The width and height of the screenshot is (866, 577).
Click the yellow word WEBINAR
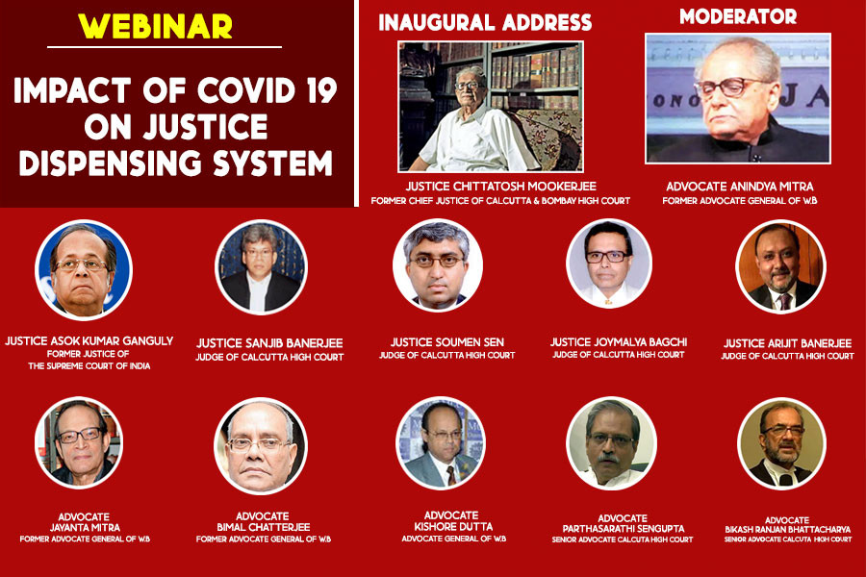155,26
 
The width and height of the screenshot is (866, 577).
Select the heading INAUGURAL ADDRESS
485,22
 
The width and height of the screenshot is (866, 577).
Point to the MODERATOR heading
738,16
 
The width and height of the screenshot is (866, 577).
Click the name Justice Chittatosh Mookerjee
501,186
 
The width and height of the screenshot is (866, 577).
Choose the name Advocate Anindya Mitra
740,186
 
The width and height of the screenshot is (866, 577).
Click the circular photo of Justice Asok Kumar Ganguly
84,270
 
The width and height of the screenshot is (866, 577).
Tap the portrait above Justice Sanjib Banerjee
261,267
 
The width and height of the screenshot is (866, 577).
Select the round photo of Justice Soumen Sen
438,265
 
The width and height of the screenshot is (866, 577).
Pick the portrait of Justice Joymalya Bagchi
609,263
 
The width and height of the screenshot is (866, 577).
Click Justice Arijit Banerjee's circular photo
780,266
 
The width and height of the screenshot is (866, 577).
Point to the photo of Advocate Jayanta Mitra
79,442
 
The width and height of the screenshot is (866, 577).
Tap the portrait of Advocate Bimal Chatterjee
260,446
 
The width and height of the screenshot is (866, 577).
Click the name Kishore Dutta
453,527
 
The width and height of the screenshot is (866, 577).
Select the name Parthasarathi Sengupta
624,528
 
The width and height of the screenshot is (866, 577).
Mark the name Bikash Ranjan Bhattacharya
787,530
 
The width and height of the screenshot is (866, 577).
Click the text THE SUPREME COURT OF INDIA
89,365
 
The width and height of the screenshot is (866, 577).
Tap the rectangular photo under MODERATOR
738,98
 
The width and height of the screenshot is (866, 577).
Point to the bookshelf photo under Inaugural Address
491,107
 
